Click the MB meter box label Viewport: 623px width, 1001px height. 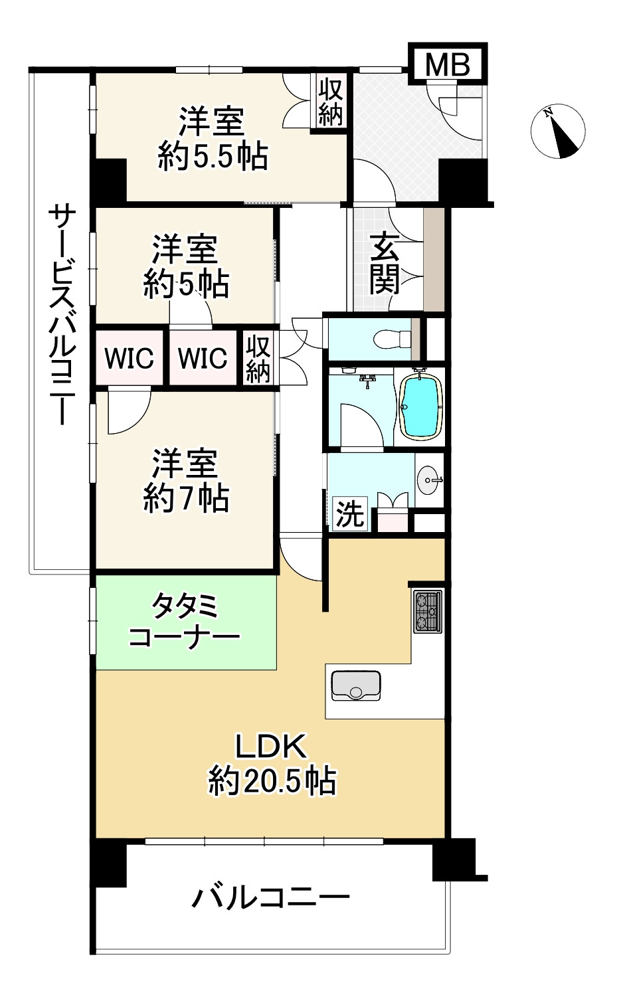[x=447, y=64]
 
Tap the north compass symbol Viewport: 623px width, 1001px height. [x=558, y=132]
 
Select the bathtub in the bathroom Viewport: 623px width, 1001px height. [x=420, y=407]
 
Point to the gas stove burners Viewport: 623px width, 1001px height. [x=427, y=612]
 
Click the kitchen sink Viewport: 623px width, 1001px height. [x=355, y=685]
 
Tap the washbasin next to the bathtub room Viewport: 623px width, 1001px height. [x=428, y=480]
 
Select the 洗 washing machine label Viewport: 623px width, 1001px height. [x=349, y=513]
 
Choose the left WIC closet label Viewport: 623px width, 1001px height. [x=130, y=359]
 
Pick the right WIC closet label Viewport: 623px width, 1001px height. [x=203, y=359]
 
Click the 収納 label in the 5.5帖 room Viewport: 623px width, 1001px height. [x=330, y=102]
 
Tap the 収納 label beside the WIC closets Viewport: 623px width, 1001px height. [x=258, y=359]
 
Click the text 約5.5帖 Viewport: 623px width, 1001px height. [x=213, y=158]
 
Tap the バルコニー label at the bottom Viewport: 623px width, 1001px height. [x=270, y=899]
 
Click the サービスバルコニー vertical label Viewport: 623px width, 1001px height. [x=62, y=315]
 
